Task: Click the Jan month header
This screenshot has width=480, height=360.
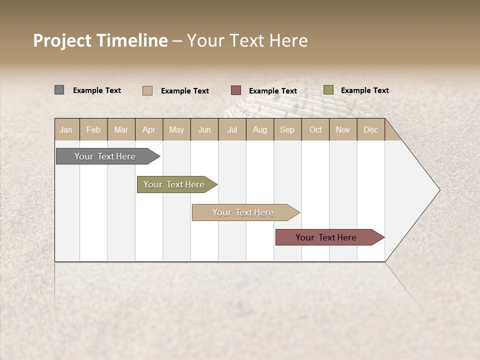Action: pyautogui.click(x=66, y=129)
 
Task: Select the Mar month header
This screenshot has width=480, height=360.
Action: pyautogui.click(x=121, y=129)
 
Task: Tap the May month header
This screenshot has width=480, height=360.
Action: pyautogui.click(x=176, y=129)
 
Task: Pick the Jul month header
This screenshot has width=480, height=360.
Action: pyautogui.click(x=232, y=129)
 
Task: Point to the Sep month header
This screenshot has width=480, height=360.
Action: pyautogui.click(x=287, y=129)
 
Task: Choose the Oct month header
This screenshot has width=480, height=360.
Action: pyautogui.click(x=315, y=129)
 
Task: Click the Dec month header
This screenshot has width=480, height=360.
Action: pyautogui.click(x=370, y=129)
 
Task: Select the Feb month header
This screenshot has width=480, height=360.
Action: pyautogui.click(x=93, y=129)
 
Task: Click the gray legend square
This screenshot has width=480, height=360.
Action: pyautogui.click(x=59, y=90)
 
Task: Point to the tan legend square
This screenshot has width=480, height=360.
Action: pyautogui.click(x=147, y=90)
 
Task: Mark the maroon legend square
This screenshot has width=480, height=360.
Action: pyautogui.click(x=236, y=90)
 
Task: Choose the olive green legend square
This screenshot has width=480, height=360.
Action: pyautogui.click(x=328, y=90)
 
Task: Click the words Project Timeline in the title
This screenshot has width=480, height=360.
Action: pyautogui.click(x=100, y=40)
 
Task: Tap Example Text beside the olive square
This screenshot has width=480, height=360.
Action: pyautogui.click(x=364, y=90)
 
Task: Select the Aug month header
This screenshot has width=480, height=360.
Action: pyautogui.click(x=259, y=129)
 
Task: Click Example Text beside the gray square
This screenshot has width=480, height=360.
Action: pyautogui.click(x=97, y=90)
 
